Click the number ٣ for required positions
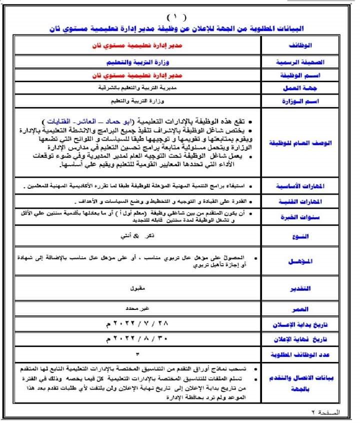(136, 353)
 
